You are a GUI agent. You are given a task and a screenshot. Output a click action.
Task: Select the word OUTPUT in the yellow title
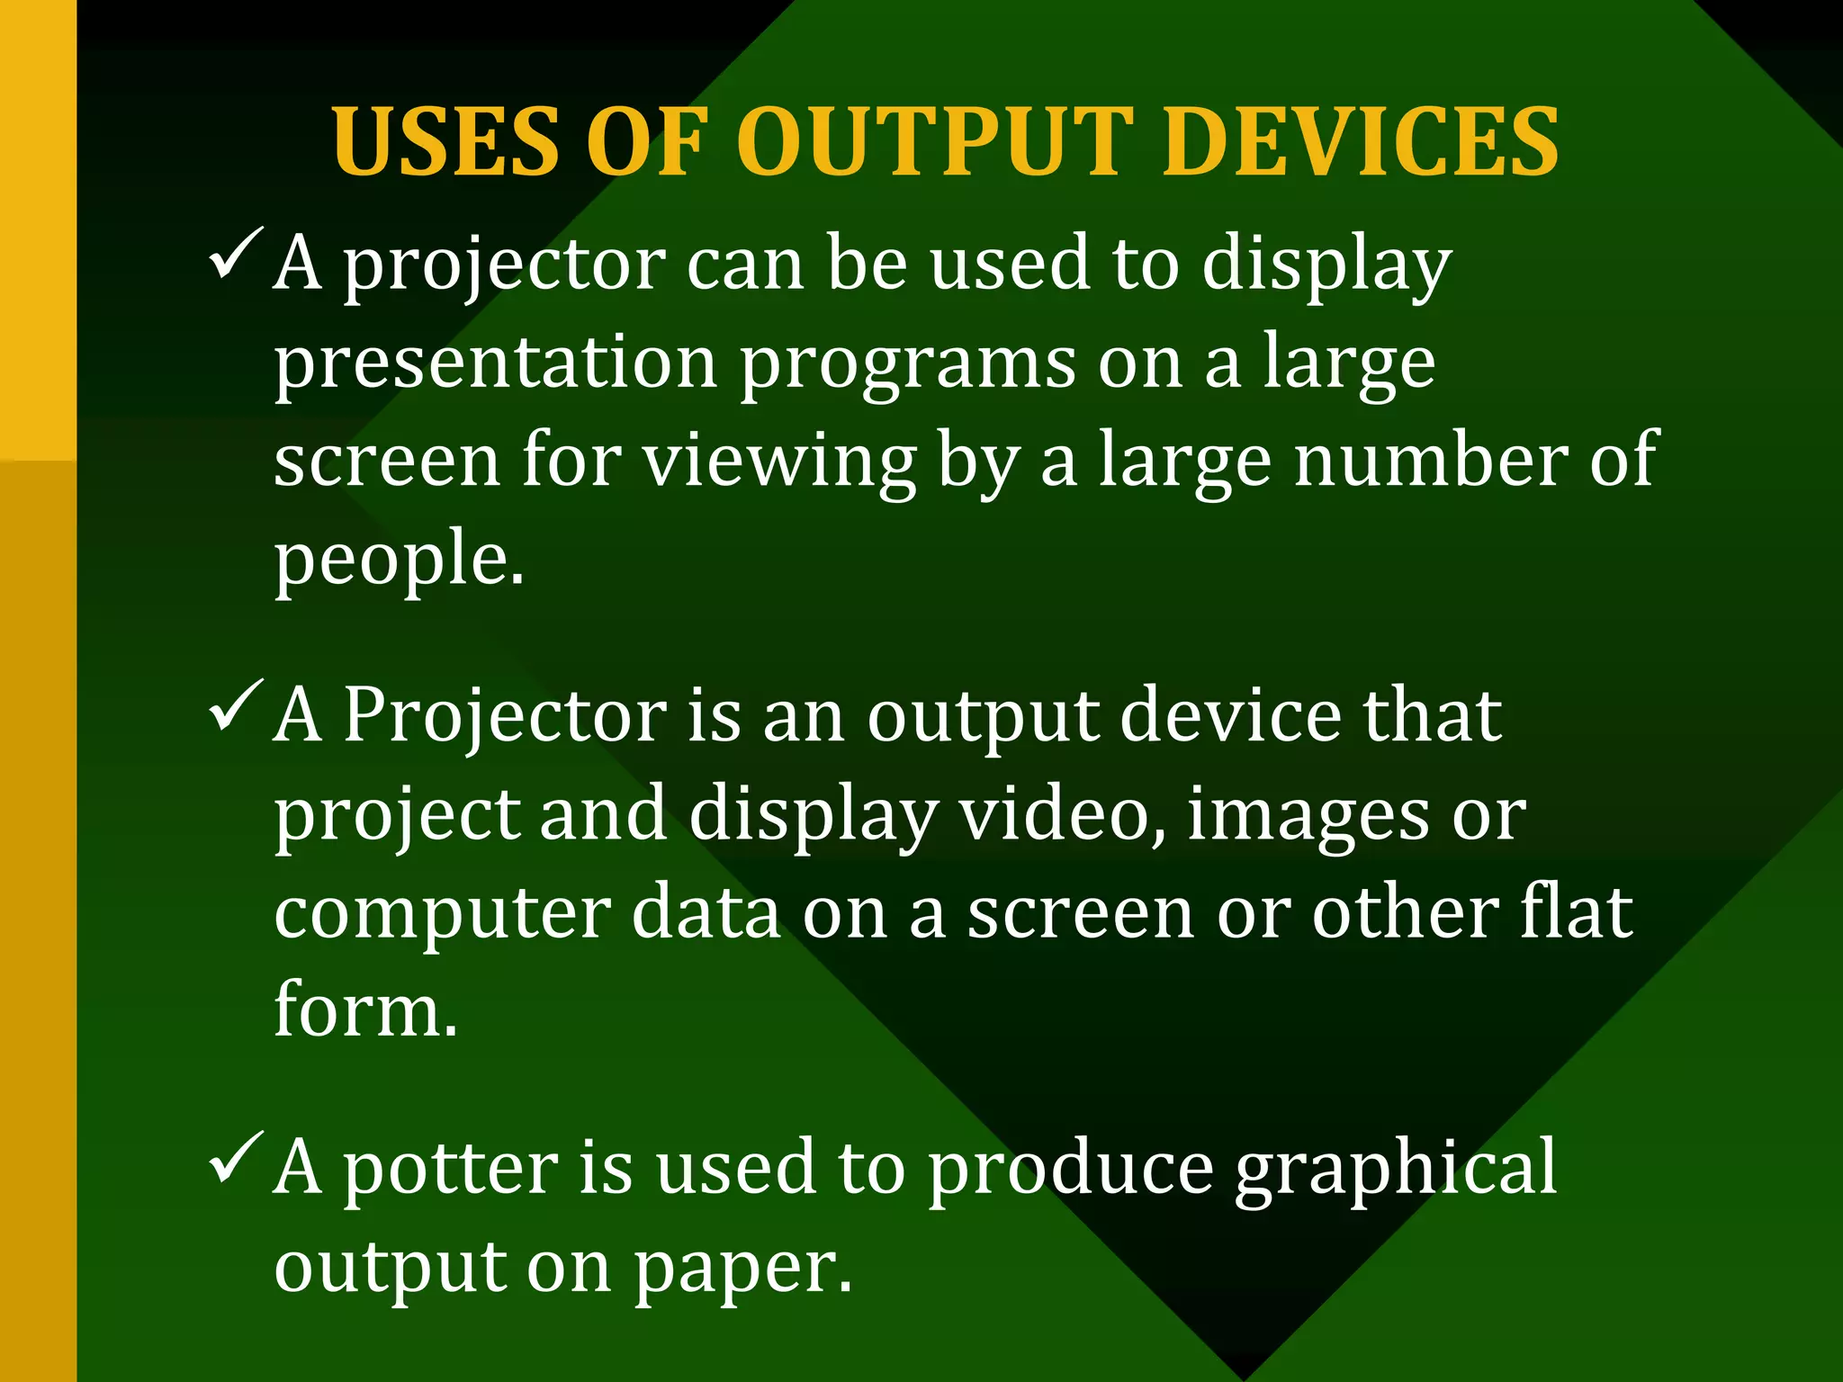click(937, 142)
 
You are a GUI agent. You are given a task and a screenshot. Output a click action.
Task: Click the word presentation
click(496, 363)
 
